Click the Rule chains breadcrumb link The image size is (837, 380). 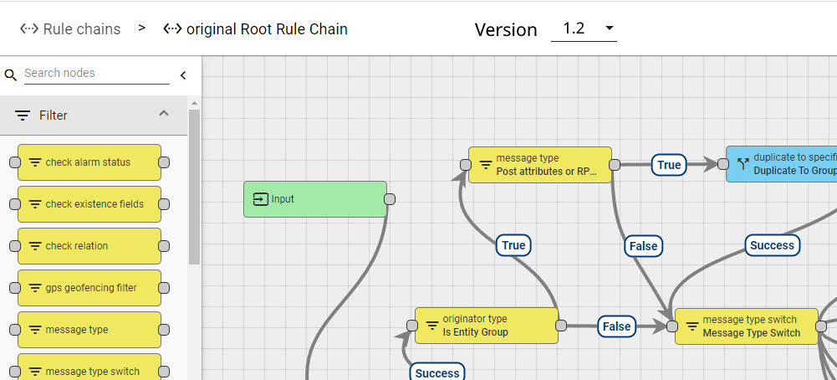click(71, 29)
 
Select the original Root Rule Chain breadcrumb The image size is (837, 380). click(256, 29)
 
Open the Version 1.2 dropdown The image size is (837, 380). click(584, 29)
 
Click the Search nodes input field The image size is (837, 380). click(96, 74)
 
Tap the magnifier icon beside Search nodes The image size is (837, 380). click(11, 75)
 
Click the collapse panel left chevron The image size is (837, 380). click(183, 75)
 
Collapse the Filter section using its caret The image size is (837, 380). click(164, 114)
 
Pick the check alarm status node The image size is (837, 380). click(88, 162)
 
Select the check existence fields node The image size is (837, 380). click(88, 204)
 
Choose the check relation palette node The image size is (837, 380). click(88, 246)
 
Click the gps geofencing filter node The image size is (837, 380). click(88, 288)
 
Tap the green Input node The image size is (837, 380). click(314, 199)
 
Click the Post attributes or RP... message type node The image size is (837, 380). click(539, 165)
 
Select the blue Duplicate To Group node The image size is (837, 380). click(782, 165)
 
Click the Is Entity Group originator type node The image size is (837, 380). click(486, 326)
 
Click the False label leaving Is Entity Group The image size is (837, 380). click(617, 326)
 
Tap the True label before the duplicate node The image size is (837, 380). click(669, 165)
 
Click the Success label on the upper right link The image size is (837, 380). click(771, 245)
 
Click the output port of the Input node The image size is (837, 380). click(389, 199)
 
